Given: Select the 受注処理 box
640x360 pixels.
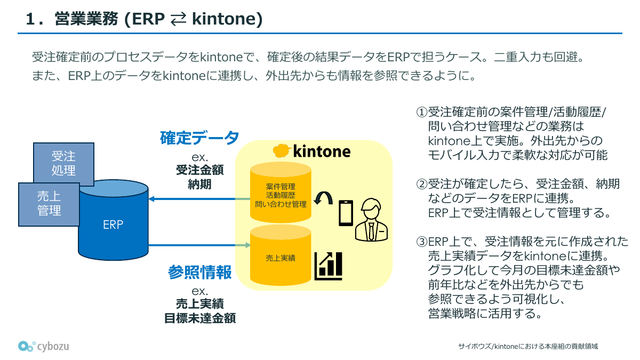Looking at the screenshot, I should pos(63,163).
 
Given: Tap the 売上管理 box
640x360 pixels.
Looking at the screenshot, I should pos(49,203).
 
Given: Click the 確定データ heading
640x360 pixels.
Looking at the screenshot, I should pos(200,138).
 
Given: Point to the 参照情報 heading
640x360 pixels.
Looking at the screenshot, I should pos(200,272).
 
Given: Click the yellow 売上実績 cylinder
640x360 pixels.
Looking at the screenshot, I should pos(281,258).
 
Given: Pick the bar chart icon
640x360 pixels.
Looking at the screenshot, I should pos(329,266).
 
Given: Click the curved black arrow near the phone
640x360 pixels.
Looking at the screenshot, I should pos(322,199).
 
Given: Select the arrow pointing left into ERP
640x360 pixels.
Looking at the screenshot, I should pos(192,199).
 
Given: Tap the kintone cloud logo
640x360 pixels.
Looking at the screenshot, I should pos(281,151).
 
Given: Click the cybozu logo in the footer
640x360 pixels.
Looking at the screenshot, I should pos(44,346).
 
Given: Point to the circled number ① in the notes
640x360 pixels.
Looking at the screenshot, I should pos(422,113).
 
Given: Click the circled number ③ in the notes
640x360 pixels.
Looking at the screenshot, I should pos(422,242).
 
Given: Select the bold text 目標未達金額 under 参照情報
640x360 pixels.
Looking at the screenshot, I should pos(200,319).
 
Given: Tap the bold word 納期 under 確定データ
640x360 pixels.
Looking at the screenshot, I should pos(200,185).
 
